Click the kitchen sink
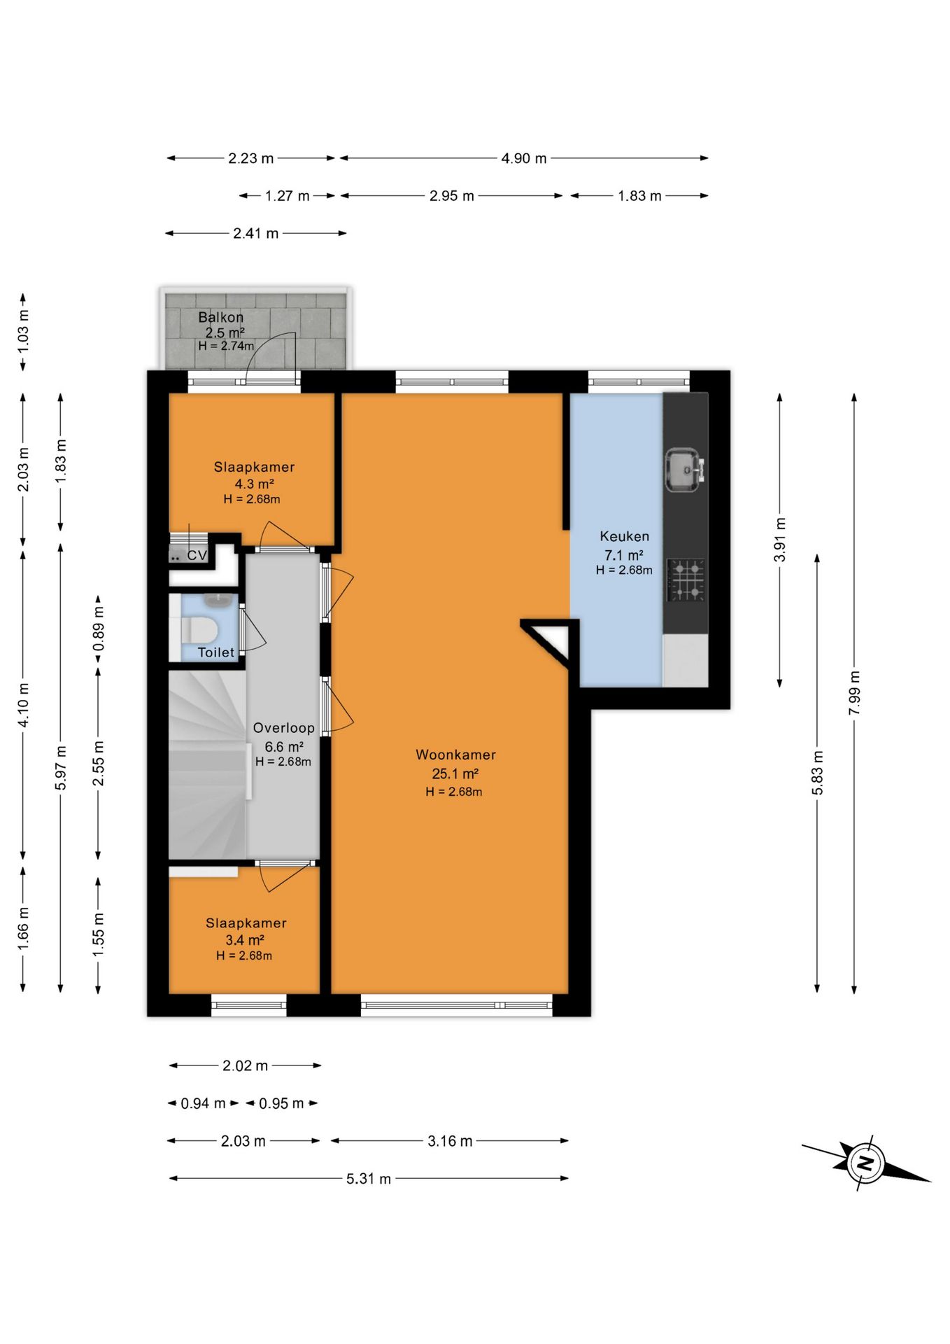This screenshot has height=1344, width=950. [x=683, y=470]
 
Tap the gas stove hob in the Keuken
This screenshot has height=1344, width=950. [x=686, y=580]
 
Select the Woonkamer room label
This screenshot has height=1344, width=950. [x=455, y=755]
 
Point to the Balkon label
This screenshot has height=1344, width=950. [x=220, y=317]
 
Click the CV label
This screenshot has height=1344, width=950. [x=197, y=555]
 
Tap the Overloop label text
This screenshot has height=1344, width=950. [x=283, y=728]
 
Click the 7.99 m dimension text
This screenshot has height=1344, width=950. [x=854, y=693]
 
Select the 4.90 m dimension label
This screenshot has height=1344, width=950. [x=524, y=158]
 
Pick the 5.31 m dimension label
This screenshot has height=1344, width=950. [x=369, y=1179]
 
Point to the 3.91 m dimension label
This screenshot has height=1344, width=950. [x=780, y=540]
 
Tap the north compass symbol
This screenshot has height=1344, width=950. [x=865, y=1163]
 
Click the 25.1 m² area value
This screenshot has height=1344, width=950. [x=455, y=773]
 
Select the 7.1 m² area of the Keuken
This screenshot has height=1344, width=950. [x=624, y=555]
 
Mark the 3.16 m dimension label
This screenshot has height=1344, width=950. [x=450, y=1141]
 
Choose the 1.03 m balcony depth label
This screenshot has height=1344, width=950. [x=23, y=330]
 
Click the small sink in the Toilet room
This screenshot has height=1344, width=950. [x=219, y=600]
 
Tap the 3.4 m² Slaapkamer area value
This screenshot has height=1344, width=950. [x=244, y=940]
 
